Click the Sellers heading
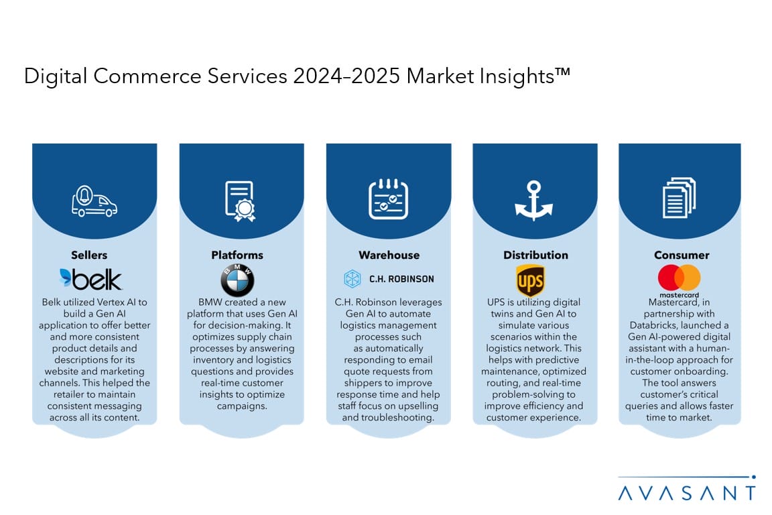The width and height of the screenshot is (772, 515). coord(89,255)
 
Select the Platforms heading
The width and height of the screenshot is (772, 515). coord(237,255)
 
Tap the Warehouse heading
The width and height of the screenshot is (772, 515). coord(389,255)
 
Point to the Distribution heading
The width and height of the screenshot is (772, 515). coord(535,255)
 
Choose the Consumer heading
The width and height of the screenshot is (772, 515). coord(682,255)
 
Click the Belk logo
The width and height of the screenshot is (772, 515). coord(90,279)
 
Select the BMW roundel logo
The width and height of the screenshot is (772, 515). coord(237,280)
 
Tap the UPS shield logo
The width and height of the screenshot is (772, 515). coord(530,280)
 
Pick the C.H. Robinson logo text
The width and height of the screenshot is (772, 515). coord(402,279)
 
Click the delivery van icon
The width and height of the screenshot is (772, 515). coord(94,201)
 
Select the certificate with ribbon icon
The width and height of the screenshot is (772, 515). coord(241,201)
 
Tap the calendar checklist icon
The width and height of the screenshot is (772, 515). coord(389,199)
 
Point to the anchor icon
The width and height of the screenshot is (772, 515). coord(533,200)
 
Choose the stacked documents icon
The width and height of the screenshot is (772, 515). coord(680,198)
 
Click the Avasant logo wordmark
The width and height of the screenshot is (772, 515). coord(687,493)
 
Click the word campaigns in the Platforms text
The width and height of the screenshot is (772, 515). coord(242,406)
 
